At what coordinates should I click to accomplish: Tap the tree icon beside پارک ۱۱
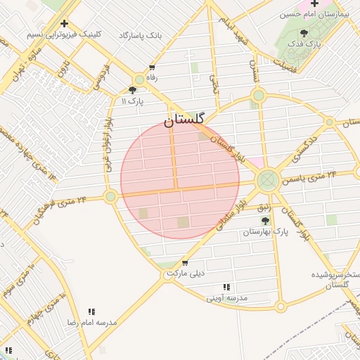click(x=133, y=90)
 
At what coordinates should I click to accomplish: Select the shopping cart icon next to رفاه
click(x=152, y=67)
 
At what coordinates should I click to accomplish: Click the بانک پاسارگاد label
click(x=141, y=34)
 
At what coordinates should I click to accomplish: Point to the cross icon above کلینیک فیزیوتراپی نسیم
click(x=64, y=23)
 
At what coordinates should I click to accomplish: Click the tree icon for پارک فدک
click(x=304, y=33)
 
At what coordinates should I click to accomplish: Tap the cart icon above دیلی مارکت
click(x=184, y=264)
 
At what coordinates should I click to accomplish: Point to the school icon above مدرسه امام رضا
click(x=91, y=311)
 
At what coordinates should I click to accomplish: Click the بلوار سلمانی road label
click(x=234, y=210)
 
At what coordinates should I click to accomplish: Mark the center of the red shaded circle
click(x=180, y=179)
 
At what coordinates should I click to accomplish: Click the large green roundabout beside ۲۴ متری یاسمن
click(x=266, y=180)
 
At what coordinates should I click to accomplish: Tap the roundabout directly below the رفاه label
click(x=140, y=80)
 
